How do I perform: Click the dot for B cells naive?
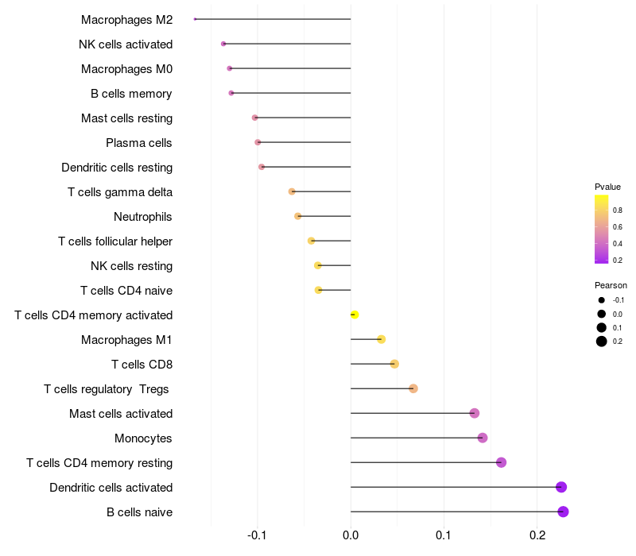(563, 512)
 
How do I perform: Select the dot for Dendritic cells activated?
(561, 487)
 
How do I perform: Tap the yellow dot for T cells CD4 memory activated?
(355, 315)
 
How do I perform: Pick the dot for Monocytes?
(483, 438)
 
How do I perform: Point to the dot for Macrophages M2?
(195, 19)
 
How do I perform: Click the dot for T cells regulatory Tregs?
(413, 388)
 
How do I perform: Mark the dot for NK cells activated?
(223, 44)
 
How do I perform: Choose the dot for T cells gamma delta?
(292, 191)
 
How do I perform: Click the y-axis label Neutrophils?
(143, 217)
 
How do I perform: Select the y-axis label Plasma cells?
(139, 143)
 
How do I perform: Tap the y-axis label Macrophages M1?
(126, 340)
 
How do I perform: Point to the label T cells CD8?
(142, 365)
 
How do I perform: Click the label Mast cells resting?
(126, 118)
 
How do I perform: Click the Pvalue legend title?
(607, 187)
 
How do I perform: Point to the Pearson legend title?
(611, 285)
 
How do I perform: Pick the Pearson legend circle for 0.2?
(602, 342)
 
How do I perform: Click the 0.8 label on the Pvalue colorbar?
(618, 210)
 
